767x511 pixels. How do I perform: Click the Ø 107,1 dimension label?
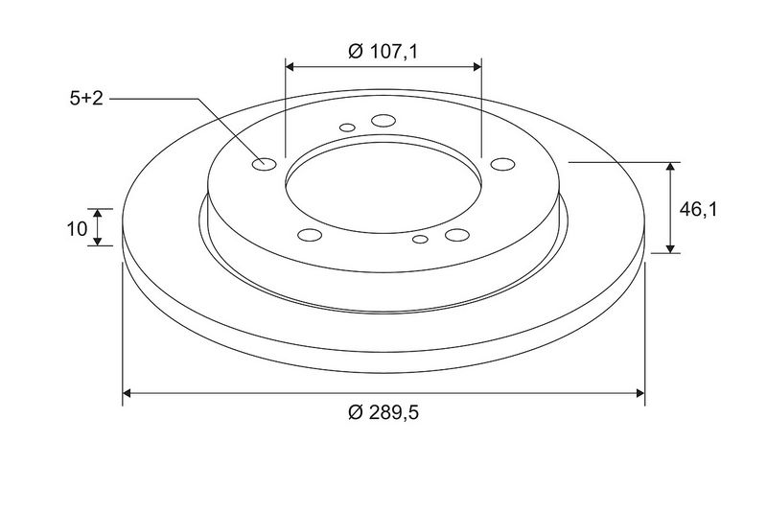tap(383, 52)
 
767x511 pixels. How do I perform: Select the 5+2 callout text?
tap(86, 99)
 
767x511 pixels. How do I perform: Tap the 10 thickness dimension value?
tap(78, 228)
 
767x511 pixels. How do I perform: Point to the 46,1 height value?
tap(698, 209)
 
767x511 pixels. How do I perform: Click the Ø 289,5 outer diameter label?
tap(383, 412)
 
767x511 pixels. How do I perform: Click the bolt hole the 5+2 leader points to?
tap(265, 164)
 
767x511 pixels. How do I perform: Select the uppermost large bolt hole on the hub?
tap(383, 120)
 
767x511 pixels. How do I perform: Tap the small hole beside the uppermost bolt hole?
tap(347, 128)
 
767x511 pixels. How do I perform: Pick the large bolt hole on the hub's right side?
tap(502, 164)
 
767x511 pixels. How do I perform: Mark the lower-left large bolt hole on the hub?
tap(310, 235)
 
